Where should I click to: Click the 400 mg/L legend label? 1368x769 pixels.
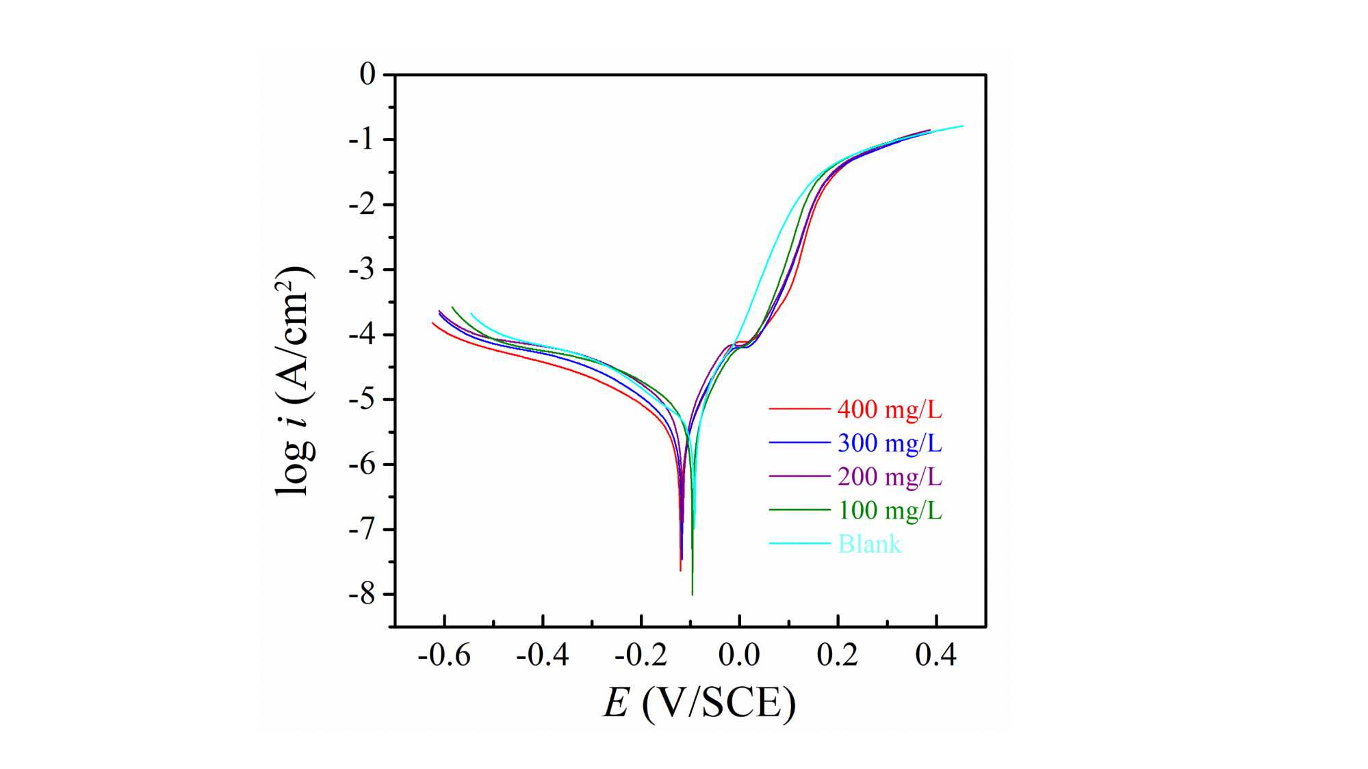(x=890, y=409)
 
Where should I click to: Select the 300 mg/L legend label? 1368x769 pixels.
(x=890, y=443)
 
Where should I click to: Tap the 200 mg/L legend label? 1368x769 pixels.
(x=890, y=476)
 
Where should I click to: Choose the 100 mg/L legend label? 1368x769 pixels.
(x=890, y=510)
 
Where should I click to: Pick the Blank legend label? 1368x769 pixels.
(x=869, y=544)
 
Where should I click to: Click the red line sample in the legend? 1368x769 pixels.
(x=799, y=409)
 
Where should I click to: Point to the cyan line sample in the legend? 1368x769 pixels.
(x=799, y=544)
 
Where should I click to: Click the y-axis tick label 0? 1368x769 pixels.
(x=367, y=74)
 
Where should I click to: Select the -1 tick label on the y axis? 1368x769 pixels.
(x=362, y=140)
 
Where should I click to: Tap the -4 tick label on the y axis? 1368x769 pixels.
(x=362, y=335)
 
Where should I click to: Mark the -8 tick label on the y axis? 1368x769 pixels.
(x=362, y=594)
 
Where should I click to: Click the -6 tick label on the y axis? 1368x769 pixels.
(x=362, y=465)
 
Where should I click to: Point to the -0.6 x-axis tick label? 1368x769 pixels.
(x=444, y=655)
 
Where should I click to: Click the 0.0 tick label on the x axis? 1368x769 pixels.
(x=739, y=655)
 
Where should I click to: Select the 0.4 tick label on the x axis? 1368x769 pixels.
(x=935, y=655)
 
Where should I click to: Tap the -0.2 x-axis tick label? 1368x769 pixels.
(x=641, y=655)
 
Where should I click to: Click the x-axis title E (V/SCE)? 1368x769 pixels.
(x=699, y=703)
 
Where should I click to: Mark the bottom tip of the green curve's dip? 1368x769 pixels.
(x=692, y=595)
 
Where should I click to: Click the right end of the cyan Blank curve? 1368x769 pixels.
(x=963, y=126)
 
